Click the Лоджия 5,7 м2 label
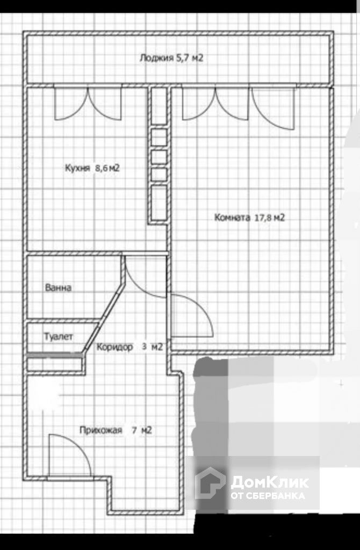pos(171,58)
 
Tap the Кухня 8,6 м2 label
pos(92,168)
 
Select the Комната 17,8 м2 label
pos(249,218)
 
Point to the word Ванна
pos(58,288)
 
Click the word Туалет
pos(59,336)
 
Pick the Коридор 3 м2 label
pos(129,347)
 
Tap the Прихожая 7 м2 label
pos(116,430)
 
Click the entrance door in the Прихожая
pos(69,455)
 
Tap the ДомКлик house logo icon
pos(210,483)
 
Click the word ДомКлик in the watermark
pos(270,482)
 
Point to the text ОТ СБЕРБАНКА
pos(268,496)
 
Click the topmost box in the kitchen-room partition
pos(159,106)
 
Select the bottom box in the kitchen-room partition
pos(159,203)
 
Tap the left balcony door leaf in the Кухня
pos(71,104)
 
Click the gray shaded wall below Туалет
pos(55,355)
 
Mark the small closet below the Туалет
pos(55,365)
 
